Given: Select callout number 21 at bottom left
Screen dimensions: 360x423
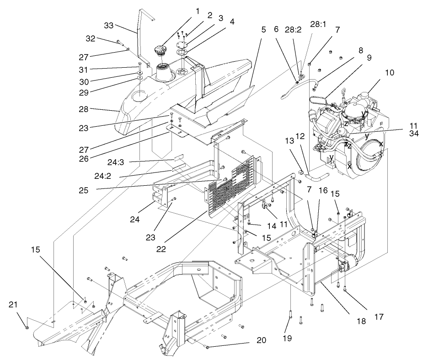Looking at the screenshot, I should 13,304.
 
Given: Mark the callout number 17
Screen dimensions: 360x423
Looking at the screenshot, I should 379,316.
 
